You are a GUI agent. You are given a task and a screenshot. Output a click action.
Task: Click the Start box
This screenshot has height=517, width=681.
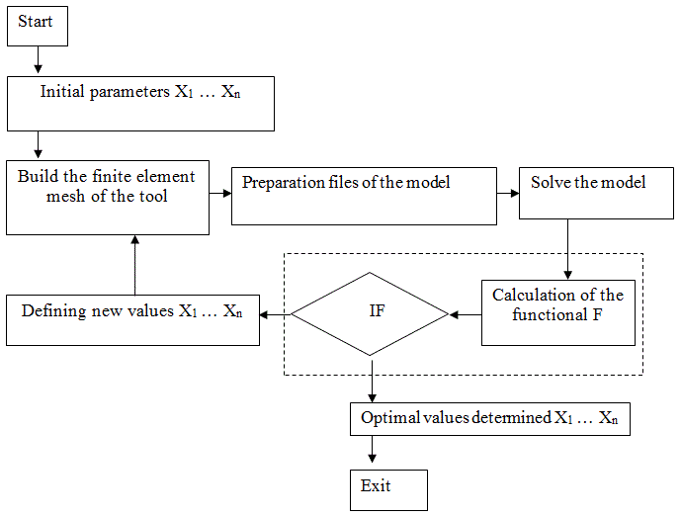38,26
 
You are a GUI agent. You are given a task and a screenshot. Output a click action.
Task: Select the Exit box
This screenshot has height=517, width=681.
388,490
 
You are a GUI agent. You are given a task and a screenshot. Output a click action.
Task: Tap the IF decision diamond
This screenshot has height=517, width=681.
370,314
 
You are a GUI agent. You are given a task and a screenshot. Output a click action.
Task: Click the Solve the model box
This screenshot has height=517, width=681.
596,193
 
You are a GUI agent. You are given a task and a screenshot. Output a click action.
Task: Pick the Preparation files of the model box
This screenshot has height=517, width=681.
364,196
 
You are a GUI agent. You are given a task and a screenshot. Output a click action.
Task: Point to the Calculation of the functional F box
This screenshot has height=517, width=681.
558,312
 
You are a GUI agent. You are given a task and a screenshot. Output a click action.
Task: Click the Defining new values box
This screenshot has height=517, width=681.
132,320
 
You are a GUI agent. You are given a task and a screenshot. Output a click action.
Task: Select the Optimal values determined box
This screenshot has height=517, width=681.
490,419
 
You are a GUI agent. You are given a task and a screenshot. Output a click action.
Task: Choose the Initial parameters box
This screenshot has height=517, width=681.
140,104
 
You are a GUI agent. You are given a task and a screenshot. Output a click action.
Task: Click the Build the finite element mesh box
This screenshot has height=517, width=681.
108,198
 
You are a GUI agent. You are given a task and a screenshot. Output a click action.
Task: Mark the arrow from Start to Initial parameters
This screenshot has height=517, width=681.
39,59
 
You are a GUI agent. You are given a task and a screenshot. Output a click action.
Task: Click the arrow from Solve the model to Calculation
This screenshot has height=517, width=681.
567,249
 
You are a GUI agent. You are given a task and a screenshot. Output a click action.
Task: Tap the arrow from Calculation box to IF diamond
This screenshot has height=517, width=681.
466,314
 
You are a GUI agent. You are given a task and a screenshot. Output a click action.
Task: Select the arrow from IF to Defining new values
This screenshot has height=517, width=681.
276,314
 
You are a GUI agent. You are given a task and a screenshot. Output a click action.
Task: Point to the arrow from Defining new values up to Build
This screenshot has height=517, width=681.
135,265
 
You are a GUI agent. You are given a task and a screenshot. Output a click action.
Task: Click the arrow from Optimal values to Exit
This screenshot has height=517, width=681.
373,449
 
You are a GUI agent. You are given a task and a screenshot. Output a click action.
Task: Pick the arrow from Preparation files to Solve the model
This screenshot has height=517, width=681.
508,194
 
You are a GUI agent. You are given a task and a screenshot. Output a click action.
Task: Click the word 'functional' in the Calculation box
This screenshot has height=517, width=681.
550,314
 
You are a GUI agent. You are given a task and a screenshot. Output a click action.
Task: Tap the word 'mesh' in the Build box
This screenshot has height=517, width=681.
65,196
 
